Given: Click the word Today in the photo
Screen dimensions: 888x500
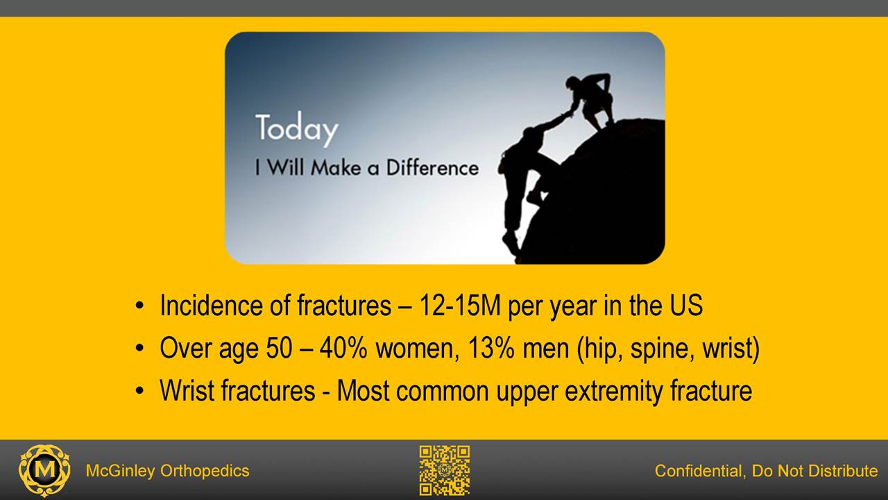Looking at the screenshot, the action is tap(297, 129).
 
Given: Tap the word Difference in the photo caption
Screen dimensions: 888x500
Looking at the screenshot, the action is tap(432, 167).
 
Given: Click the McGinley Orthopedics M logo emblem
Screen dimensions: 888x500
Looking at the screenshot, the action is tap(44, 471).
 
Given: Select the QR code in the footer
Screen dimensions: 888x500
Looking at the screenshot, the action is tap(445, 470).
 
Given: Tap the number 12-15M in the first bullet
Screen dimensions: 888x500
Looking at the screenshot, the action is tap(460, 305).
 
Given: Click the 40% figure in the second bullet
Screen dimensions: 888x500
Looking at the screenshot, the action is tap(343, 348).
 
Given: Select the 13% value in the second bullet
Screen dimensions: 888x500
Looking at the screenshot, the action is tap(490, 348).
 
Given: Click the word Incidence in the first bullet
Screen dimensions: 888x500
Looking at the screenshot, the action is tap(211, 305).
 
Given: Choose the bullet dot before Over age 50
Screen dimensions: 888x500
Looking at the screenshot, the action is tap(139, 349).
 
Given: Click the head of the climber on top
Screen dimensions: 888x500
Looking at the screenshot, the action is tap(573, 83).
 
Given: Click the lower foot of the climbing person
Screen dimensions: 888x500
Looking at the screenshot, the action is tap(510, 242).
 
